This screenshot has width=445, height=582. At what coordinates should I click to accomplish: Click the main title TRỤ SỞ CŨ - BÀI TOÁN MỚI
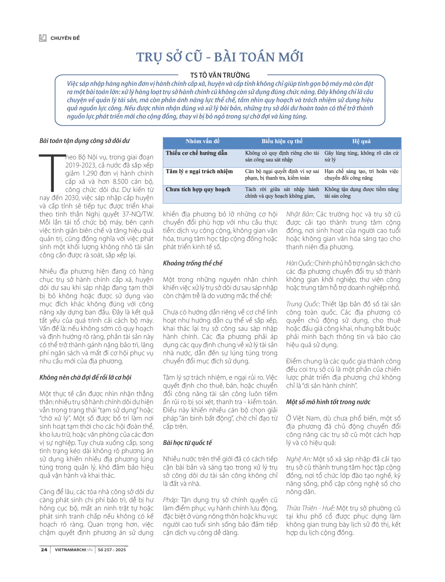pyautogui.click(x=220, y=57)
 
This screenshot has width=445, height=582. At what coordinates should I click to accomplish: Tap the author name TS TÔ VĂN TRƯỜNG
pyautogui.click(x=220, y=75)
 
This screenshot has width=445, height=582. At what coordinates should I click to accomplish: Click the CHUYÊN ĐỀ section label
pyautogui.click(x=65, y=38)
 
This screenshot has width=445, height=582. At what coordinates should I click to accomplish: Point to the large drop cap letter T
pyautogui.click(x=52, y=172)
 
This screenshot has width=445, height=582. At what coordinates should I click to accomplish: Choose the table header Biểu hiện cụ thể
pyautogui.click(x=282, y=141)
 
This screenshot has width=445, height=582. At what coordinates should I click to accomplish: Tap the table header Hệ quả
pyautogui.click(x=361, y=141)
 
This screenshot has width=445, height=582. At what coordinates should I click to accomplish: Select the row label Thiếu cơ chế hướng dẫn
pyautogui.click(x=196, y=153)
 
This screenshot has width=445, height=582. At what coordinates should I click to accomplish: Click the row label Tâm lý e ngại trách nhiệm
pyautogui.click(x=199, y=171)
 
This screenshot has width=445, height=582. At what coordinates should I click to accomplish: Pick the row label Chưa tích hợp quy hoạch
pyautogui.click(x=198, y=189)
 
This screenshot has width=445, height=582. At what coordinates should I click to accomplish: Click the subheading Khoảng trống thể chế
pyautogui.click(x=192, y=263)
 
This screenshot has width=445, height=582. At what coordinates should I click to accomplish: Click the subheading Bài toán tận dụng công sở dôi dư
pyautogui.click(x=85, y=141)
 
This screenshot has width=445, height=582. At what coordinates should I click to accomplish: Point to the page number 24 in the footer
pyautogui.click(x=44, y=550)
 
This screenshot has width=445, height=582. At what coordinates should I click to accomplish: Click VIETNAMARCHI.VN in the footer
pyautogui.click(x=73, y=550)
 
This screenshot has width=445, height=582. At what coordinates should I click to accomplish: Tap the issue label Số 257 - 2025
pyautogui.click(x=112, y=550)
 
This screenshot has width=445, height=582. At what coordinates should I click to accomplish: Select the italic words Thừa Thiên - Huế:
pyautogui.click(x=310, y=508)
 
